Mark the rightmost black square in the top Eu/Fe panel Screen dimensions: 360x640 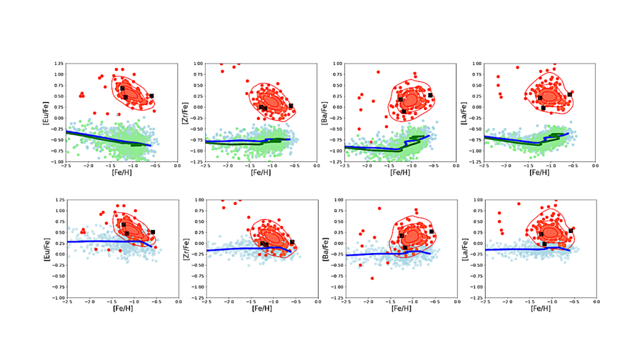coord(151,96)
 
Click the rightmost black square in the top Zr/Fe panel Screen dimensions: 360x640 coord(291,106)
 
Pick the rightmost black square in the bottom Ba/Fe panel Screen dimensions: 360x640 coord(431,231)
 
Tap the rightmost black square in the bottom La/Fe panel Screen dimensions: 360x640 coord(571,231)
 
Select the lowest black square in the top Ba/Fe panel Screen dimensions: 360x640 coord(404,111)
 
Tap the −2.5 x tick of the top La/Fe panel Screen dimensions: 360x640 coord(484,166)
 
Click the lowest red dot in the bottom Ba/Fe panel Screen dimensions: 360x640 coord(372,278)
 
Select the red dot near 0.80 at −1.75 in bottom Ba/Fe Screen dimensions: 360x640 coord(378,208)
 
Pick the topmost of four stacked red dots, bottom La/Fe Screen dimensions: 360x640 coord(498,213)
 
